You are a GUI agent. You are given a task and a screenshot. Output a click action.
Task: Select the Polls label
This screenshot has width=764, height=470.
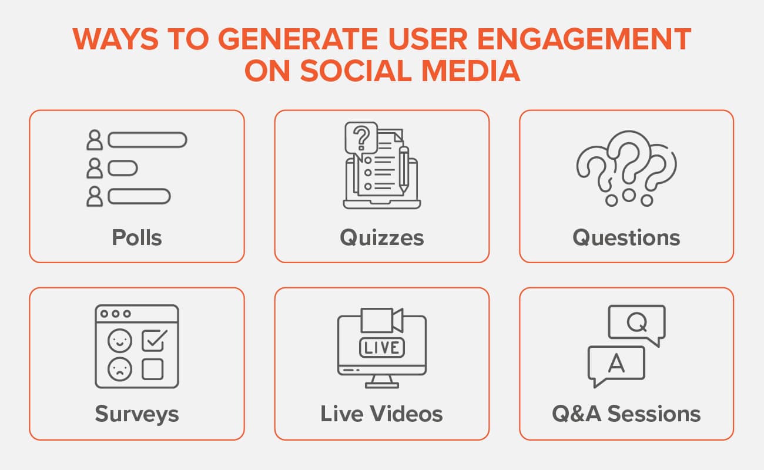pos(136,238)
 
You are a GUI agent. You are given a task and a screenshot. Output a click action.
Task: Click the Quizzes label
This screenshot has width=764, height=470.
pos(381,238)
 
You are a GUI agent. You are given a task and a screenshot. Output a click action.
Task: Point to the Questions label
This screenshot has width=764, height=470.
pos(626,238)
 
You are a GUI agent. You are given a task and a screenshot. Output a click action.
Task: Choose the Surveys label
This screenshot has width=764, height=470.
pos(136,414)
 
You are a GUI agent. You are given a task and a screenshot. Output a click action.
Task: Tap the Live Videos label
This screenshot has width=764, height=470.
pos(381,414)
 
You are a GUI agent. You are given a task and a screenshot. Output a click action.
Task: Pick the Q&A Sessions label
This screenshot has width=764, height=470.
pos(626,414)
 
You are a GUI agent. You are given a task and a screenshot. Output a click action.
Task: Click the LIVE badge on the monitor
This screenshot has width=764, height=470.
pos(381,347)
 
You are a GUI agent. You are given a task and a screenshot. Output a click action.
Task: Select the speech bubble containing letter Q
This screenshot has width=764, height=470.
pos(636,323)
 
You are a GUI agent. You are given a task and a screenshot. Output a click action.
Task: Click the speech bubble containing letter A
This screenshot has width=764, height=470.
pos(615,364)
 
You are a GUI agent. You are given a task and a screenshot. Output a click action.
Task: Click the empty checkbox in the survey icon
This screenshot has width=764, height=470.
pos(152,369)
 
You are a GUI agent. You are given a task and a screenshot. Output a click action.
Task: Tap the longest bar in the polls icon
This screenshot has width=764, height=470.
pos(147,140)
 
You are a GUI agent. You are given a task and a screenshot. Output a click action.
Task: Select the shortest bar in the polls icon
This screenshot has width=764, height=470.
pos(122,169)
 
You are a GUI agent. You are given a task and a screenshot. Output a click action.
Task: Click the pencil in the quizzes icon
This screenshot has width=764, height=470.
pos(404,167)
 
